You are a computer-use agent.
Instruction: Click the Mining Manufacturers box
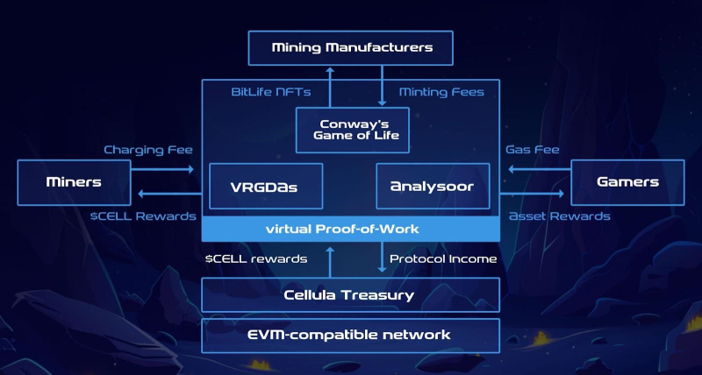pos(352,47)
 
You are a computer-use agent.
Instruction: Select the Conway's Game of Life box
pos(352,129)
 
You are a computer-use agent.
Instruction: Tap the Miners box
pos(74,182)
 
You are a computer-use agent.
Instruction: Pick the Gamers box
pos(627,182)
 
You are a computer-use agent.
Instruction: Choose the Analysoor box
pos(433,186)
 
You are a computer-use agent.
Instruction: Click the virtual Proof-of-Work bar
pos(351,230)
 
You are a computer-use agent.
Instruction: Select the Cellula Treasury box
pos(351,295)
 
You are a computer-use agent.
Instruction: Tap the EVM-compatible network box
pos(351,335)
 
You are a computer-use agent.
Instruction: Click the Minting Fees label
pos(441,92)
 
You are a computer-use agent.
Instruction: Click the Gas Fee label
pos(532,150)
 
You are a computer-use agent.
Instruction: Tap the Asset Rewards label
pos(559,216)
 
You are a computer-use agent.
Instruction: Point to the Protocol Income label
pos(443,258)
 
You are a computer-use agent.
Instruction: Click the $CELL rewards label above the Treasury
pos(255,258)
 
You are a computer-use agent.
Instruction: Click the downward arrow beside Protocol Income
pos(381,258)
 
